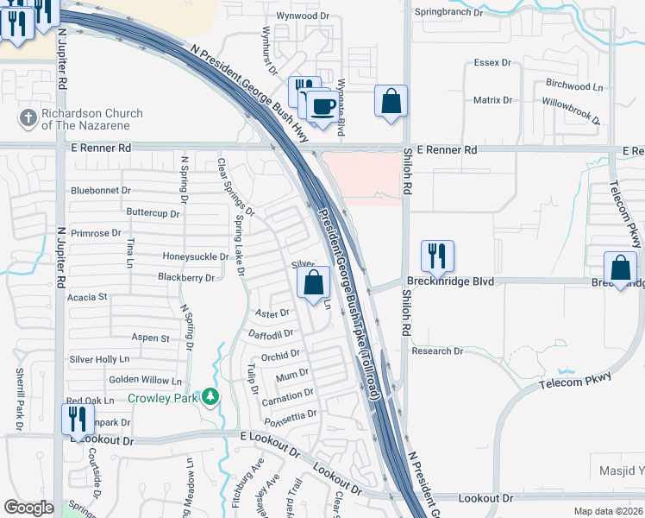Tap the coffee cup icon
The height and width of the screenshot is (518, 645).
[323, 106]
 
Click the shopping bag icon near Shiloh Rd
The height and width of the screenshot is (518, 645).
[391, 100]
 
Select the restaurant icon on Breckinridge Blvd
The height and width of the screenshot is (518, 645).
[436, 256]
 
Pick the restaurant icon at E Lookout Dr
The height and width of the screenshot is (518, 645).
[78, 420]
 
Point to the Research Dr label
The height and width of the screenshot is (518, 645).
[437, 351]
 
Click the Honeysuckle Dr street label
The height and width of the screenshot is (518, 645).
[195, 256]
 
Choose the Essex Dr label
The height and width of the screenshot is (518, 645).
[494, 63]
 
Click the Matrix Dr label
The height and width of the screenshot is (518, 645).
[492, 100]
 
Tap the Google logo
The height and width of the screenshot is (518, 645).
[28, 508]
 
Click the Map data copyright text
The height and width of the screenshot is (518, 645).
[608, 511]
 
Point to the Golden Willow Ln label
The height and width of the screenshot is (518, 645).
[145, 380]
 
